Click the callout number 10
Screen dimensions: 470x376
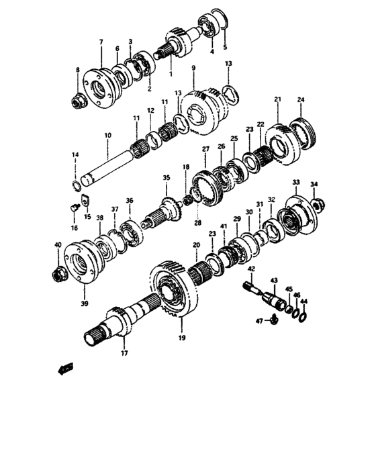tap(107, 136)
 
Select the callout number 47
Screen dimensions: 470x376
tap(258, 322)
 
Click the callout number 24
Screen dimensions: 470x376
tap(301, 100)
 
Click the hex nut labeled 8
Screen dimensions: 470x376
tap(78, 100)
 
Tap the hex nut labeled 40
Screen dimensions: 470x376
tap(58, 275)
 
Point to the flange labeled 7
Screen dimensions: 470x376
tap(101, 87)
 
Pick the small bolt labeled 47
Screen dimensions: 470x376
tap(276, 323)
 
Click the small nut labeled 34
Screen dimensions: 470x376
tap(318, 202)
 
